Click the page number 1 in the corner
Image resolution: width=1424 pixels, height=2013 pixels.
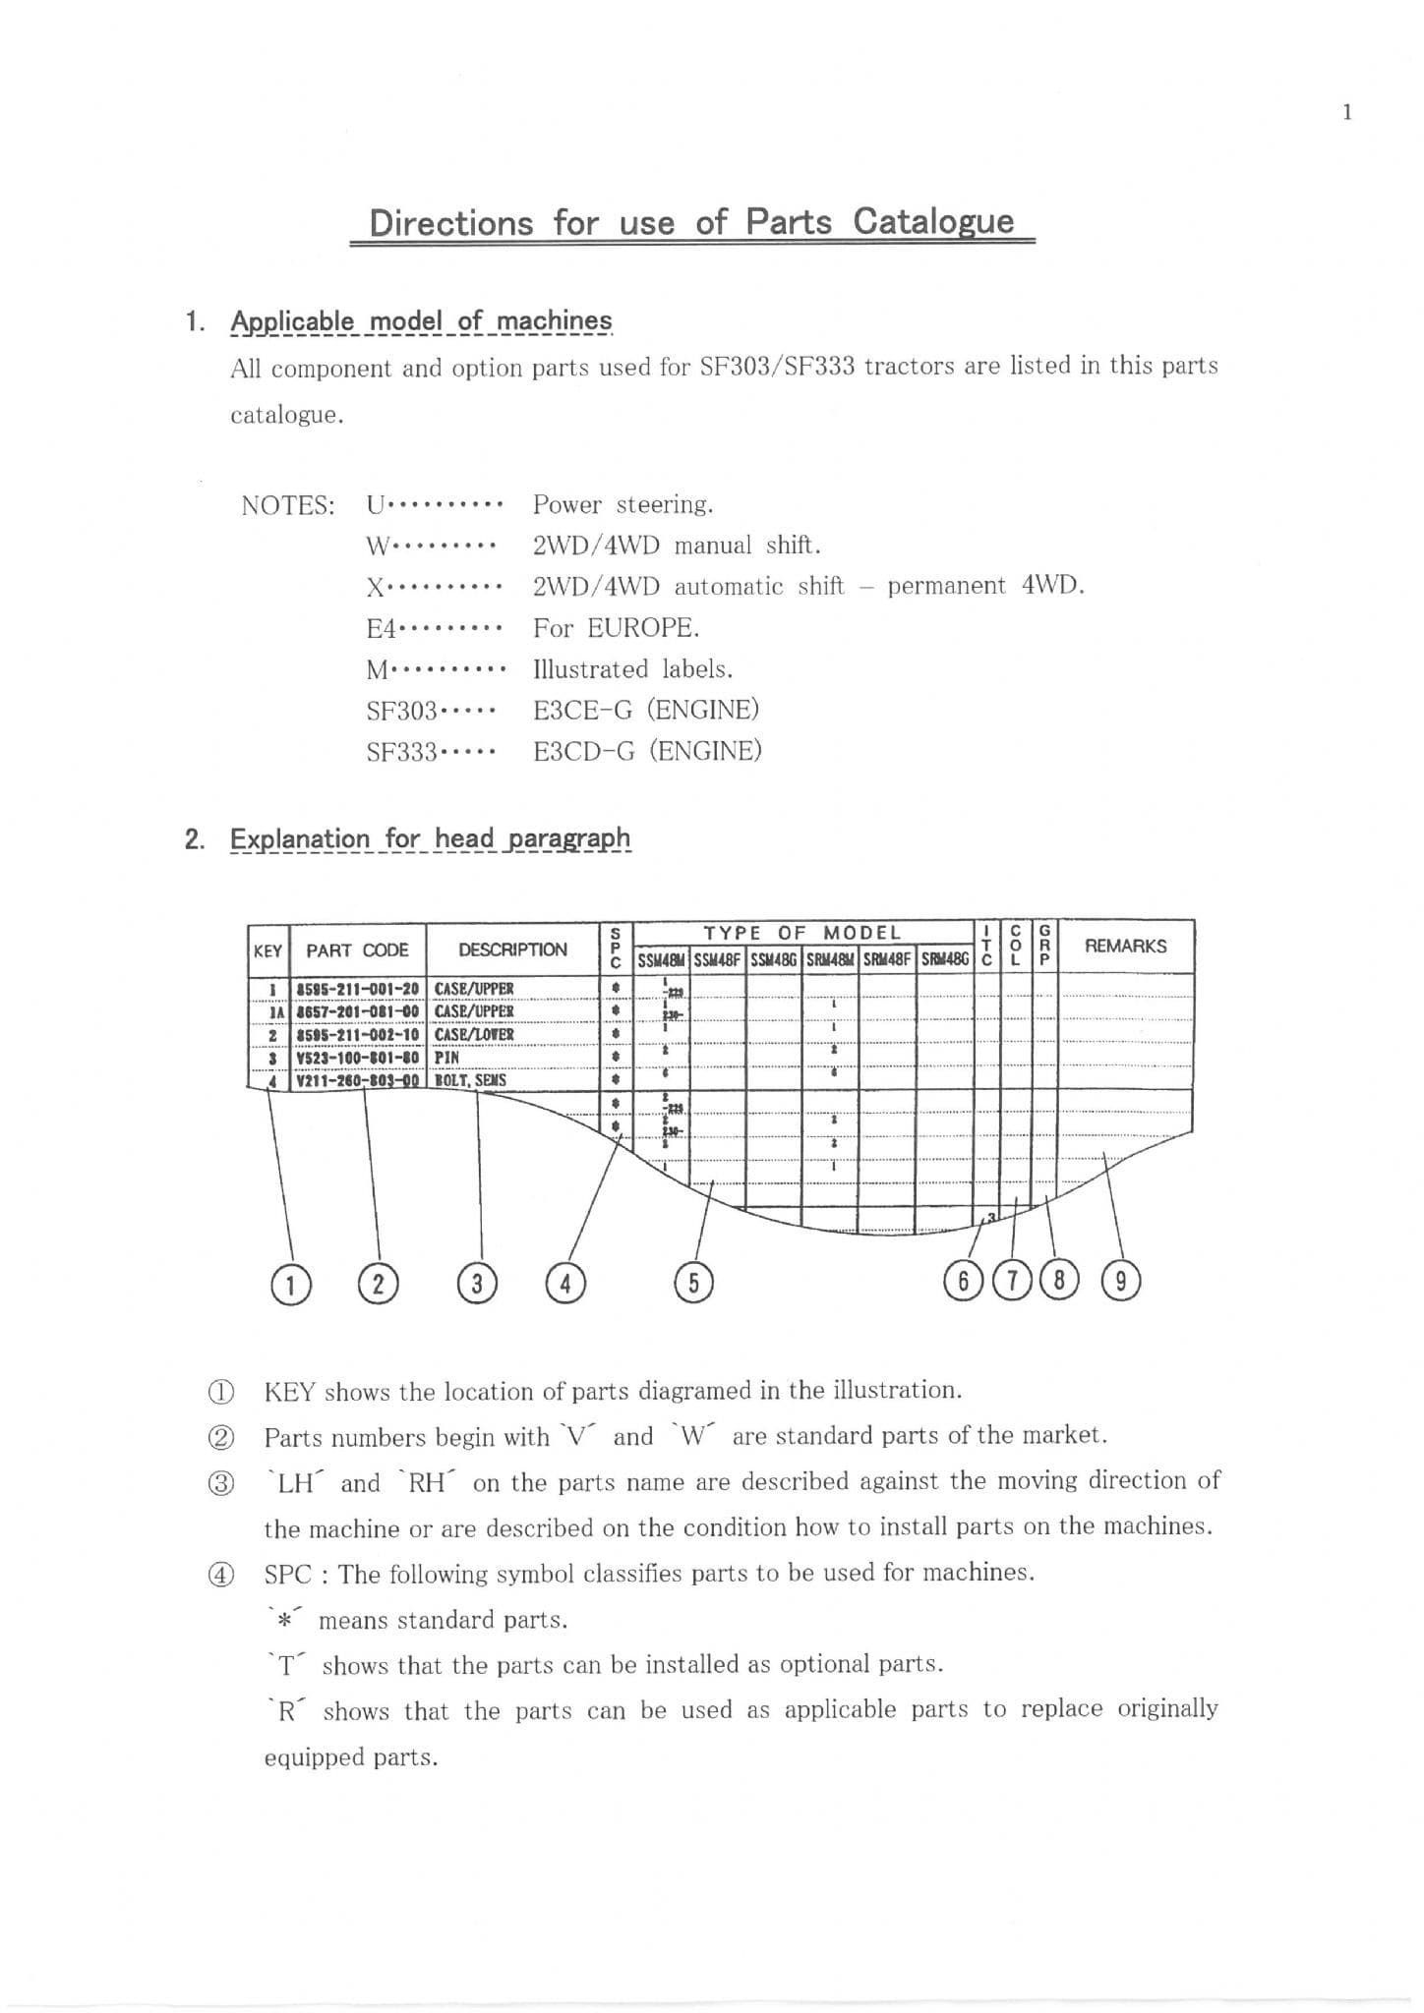pos(1346,112)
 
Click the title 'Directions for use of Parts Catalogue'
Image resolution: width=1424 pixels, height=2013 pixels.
pos(691,222)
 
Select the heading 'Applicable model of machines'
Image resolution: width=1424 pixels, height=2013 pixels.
pos(421,321)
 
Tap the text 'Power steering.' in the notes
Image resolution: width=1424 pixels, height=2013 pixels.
pos(623,504)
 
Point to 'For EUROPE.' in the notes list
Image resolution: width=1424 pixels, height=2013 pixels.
pos(616,627)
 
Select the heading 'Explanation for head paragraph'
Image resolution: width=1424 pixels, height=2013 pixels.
pos(430,838)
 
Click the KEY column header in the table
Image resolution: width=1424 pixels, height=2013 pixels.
pos(267,950)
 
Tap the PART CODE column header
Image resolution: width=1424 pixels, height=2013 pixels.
pos(357,950)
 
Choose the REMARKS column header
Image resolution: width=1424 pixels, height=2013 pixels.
pos(1125,946)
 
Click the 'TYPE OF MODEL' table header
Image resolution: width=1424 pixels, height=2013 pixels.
pos(801,933)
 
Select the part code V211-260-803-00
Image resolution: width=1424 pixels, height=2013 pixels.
pos(358,1080)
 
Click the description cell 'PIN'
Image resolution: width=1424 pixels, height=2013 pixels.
pos(447,1058)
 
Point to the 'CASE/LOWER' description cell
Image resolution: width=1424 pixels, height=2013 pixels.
pos(474,1034)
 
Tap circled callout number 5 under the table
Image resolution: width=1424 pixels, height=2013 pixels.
pos(693,1283)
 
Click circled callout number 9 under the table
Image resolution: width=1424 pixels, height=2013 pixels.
pos(1121,1281)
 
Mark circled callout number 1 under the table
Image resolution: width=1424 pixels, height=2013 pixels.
pos(290,1285)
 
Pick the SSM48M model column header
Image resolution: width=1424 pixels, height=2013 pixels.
pos(661,960)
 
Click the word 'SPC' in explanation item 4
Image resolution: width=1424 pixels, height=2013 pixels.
pos(287,1574)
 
